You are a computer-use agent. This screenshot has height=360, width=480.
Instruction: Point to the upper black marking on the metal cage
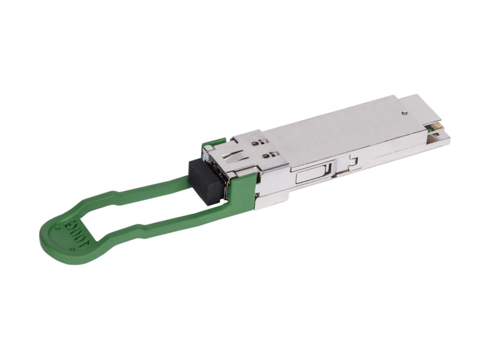[x=255, y=143]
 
